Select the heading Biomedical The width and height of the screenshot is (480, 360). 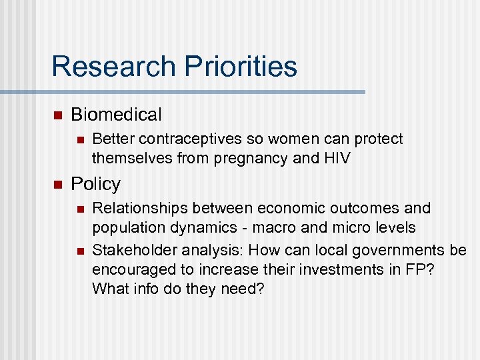(x=116, y=115)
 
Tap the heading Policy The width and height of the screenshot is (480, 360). (x=95, y=183)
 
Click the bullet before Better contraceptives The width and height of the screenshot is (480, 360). (x=80, y=139)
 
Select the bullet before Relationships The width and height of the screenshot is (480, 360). (x=80, y=209)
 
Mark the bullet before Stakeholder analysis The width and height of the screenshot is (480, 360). (x=80, y=251)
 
